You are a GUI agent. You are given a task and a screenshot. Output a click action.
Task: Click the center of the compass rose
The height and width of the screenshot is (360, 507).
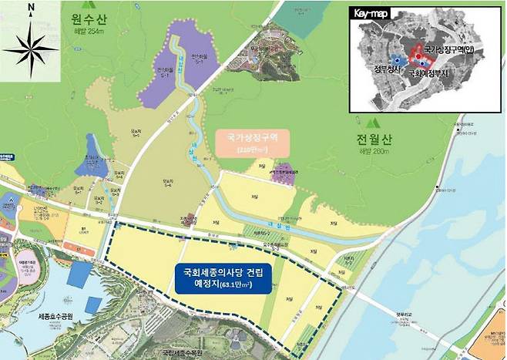tap(30, 47)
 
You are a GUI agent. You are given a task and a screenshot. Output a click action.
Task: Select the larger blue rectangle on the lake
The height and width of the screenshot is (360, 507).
tap(92, 304)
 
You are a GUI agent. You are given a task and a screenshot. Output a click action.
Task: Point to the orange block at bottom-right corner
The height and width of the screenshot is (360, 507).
tap(493, 338)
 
